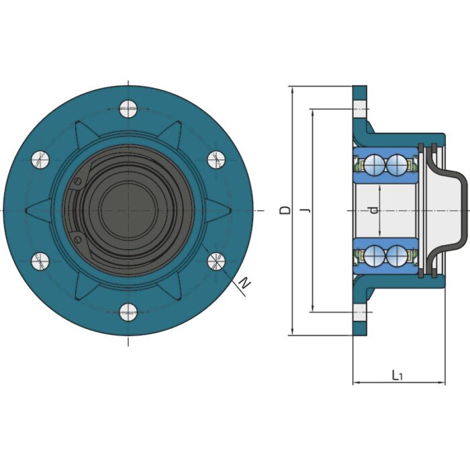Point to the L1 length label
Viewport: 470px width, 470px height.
tap(397, 375)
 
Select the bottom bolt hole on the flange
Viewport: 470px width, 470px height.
tap(128, 312)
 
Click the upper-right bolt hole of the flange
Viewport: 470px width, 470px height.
tap(216, 159)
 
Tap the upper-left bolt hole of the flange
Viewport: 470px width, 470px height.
tap(40, 159)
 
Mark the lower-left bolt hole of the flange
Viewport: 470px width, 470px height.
tap(40, 261)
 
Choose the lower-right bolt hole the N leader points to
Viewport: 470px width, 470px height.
tap(216, 261)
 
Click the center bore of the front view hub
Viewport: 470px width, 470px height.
tap(128, 210)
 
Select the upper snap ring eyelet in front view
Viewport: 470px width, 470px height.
tap(79, 182)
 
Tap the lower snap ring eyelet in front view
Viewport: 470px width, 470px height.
tap(79, 239)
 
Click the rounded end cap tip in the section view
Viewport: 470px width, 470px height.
tap(463, 210)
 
